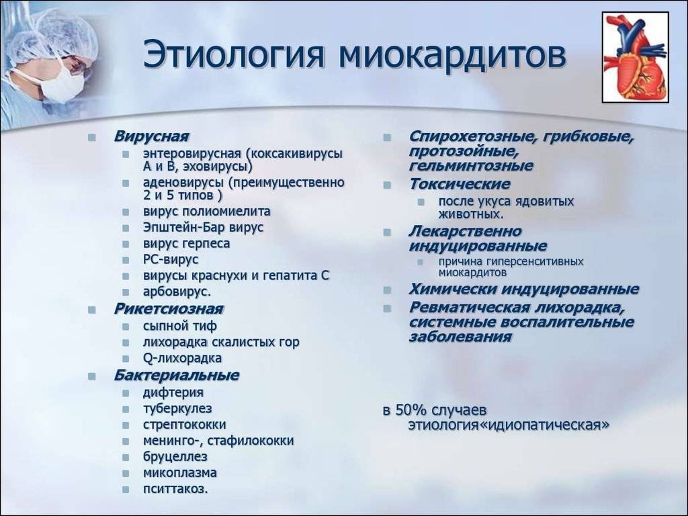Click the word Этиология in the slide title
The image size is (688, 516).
point(234,54)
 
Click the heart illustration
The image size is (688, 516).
point(635,57)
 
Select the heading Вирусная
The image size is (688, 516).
point(151,136)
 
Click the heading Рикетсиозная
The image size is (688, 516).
point(169,309)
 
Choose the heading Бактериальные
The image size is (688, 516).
point(177,375)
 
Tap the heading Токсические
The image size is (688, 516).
point(460,184)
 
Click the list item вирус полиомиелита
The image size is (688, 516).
point(207,212)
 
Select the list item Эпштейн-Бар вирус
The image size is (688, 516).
point(203,227)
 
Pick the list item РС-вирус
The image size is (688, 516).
point(171,259)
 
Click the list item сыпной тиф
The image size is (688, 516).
point(180,326)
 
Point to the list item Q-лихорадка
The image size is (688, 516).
point(183,358)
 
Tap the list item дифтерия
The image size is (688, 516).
point(173,392)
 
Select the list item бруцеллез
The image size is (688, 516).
point(175,456)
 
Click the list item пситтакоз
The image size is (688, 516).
point(175,489)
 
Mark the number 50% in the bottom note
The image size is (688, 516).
point(411,410)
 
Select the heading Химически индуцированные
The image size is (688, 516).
point(524,290)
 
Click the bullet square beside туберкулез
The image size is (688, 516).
point(126,409)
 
